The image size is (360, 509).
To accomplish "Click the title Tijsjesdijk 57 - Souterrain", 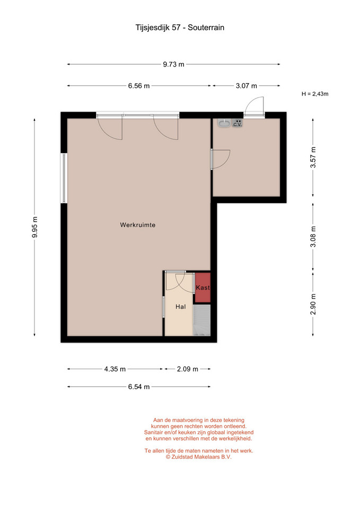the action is [x=180, y=28].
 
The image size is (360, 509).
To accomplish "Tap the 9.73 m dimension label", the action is [x=174, y=64].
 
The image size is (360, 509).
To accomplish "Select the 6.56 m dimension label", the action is [x=139, y=86].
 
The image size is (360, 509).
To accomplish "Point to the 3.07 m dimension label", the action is [x=247, y=86].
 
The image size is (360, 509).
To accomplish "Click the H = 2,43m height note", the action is [x=315, y=94].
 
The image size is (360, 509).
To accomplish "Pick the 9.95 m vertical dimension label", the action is [x=35, y=227].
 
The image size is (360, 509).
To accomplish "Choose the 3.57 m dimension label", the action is [x=313, y=157].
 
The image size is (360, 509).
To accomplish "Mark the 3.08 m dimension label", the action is [x=313, y=236].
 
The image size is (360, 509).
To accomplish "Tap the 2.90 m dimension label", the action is [x=313, y=304].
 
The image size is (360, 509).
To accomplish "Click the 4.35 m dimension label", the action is [x=115, y=369].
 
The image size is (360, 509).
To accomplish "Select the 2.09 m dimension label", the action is [x=188, y=369].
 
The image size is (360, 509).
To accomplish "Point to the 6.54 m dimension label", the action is [x=139, y=387].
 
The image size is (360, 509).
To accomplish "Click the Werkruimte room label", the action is [x=138, y=225].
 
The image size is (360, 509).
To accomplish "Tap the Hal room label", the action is [x=180, y=307].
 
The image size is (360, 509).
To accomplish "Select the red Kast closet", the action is [x=203, y=287].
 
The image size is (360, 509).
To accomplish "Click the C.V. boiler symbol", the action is [x=238, y=123].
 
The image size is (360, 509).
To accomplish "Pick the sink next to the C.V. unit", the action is [x=224, y=123].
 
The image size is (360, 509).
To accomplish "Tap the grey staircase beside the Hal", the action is [x=202, y=320].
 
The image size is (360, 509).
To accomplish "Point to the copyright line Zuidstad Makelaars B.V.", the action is [x=199, y=457].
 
